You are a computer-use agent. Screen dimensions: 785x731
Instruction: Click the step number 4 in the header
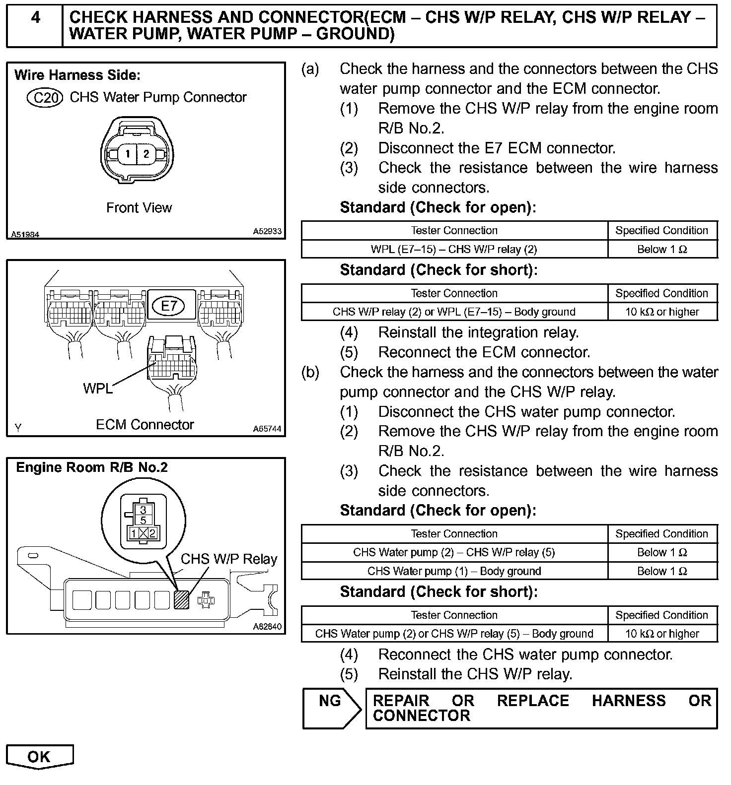pyautogui.click(x=35, y=18)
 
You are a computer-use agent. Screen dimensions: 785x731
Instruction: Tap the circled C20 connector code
pyautogui.click(x=45, y=98)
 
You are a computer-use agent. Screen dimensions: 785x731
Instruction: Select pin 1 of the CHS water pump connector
pyautogui.click(x=128, y=154)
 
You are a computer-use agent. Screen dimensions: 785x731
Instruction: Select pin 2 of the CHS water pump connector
pyautogui.click(x=146, y=154)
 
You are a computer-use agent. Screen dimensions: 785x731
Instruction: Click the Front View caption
pyautogui.click(x=139, y=208)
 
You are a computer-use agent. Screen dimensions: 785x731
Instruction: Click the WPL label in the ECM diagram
pyautogui.click(x=97, y=389)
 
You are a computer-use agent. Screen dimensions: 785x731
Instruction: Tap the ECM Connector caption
pyautogui.click(x=145, y=425)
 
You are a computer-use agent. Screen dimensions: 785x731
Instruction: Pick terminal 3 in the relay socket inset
pyautogui.click(x=143, y=510)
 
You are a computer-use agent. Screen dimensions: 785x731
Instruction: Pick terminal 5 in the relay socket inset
pyautogui.click(x=143, y=520)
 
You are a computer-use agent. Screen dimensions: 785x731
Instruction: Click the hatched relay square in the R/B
pyautogui.click(x=182, y=599)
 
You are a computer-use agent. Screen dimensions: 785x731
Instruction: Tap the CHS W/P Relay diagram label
pyautogui.click(x=228, y=559)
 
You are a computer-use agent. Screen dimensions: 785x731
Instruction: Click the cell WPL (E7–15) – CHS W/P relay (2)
pyautogui.click(x=454, y=249)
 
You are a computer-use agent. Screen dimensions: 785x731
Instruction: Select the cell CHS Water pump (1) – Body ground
pyautogui.click(x=454, y=571)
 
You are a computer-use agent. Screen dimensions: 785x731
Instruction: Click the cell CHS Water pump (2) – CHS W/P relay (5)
pyautogui.click(x=454, y=552)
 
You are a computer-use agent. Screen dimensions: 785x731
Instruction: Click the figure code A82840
pyautogui.click(x=267, y=627)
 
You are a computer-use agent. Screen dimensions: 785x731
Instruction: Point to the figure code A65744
pyautogui.click(x=267, y=429)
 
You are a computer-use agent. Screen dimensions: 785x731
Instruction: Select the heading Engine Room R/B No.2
pyautogui.click(x=92, y=467)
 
